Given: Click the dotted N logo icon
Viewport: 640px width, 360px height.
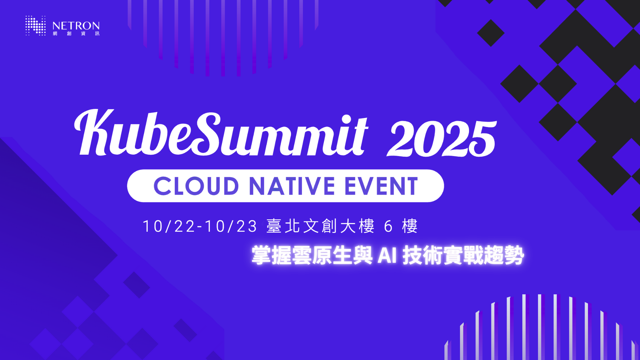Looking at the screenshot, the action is point(35,25).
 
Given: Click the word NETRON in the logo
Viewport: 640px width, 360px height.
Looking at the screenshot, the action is point(76,26).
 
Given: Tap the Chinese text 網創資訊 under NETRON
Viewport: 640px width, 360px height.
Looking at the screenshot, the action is point(76,34).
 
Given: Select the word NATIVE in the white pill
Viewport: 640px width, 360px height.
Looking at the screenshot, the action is point(292,186).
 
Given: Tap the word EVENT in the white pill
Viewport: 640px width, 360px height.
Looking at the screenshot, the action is point(381,186).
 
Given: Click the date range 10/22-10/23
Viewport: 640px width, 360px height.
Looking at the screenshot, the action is point(200,226).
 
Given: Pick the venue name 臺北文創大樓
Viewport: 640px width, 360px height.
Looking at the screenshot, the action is point(320,226).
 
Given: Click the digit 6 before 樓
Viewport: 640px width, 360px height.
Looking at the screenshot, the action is point(388,226).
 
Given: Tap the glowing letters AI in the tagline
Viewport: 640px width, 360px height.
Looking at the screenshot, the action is point(387,256).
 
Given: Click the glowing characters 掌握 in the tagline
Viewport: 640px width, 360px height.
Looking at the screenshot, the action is point(271,255).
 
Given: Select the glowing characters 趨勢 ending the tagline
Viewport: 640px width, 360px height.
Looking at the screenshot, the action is point(504,255).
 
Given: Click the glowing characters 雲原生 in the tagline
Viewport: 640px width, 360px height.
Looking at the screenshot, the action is point(322,255).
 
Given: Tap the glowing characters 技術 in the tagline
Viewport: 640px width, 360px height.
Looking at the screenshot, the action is point(423,255).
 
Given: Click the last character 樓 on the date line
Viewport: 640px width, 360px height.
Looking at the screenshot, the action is point(410,226).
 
